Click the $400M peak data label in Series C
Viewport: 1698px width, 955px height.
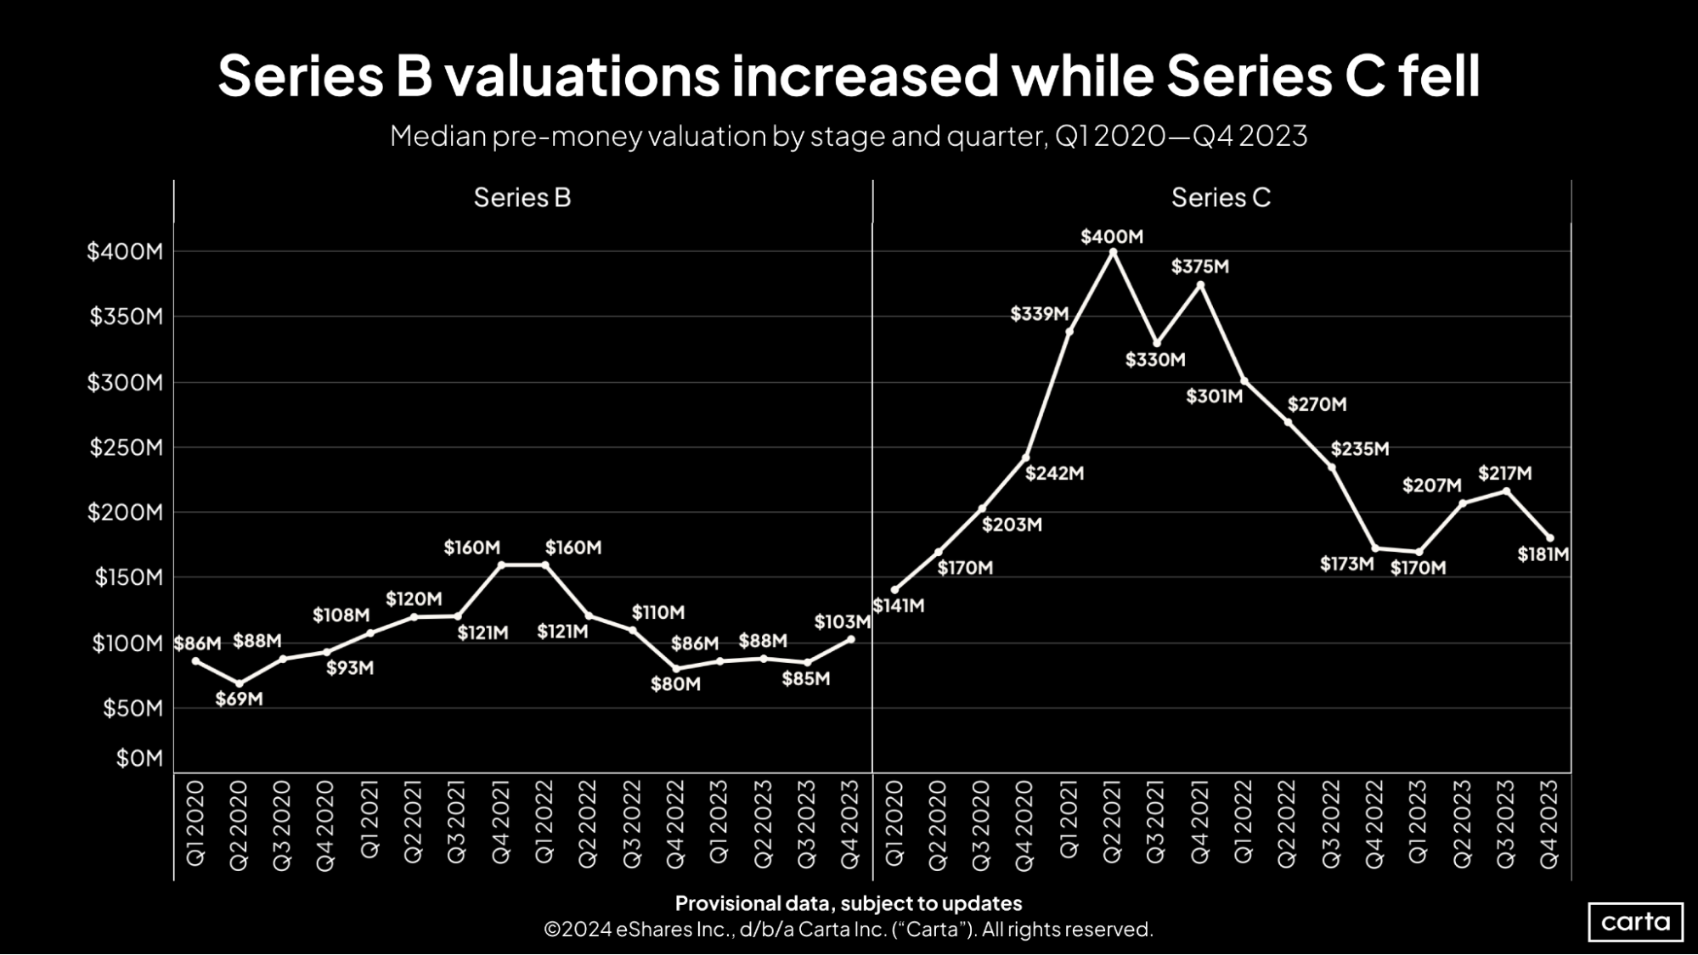1111,237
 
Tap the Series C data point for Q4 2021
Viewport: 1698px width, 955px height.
1200,285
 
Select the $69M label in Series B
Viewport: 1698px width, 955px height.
239,699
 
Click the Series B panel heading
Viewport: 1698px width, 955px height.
522,198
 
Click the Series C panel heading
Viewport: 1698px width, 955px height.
1221,198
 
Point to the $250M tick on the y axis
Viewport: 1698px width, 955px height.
126,447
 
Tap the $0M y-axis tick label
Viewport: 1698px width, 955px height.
139,758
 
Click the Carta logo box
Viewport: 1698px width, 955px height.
1635,922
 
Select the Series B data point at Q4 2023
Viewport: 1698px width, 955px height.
851,639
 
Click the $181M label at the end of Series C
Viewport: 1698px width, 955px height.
1543,555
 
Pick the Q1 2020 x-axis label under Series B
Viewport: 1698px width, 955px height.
195,823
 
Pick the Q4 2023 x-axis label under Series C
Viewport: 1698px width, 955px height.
1549,823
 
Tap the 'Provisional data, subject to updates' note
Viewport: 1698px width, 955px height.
848,903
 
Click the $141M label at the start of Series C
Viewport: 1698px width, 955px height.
898,606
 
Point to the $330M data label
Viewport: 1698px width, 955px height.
1154,360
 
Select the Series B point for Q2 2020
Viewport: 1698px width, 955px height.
240,683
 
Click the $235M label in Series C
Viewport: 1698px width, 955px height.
1359,449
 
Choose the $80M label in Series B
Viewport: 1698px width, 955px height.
675,684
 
